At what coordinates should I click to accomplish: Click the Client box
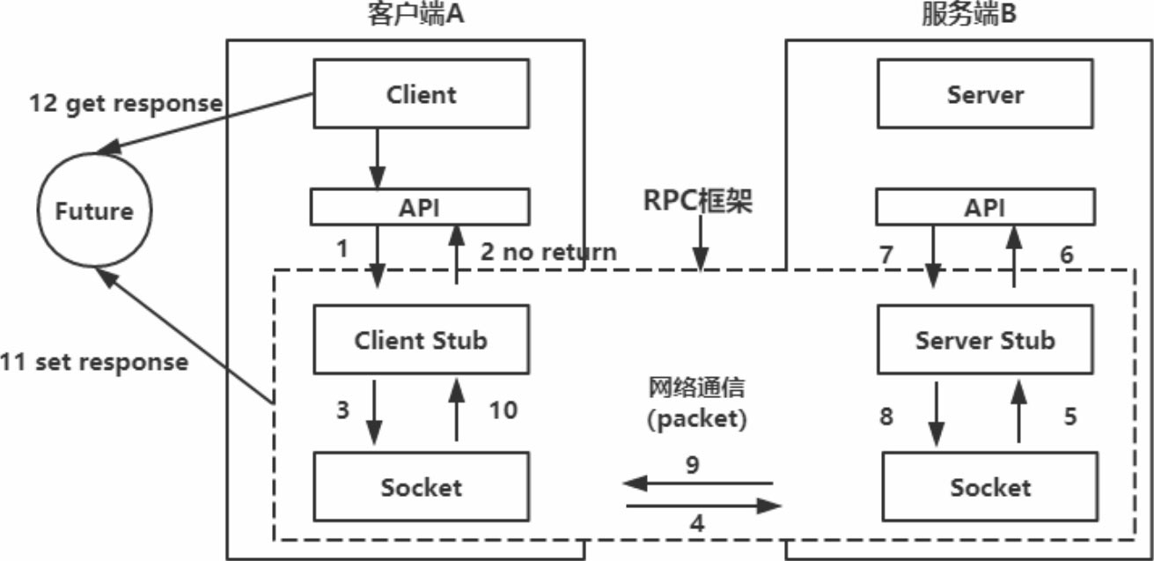[x=422, y=93]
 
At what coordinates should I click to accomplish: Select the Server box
[x=985, y=93]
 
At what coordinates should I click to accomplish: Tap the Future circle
[x=93, y=211]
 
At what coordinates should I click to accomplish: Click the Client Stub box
[x=422, y=339]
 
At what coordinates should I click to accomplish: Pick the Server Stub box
[x=985, y=339]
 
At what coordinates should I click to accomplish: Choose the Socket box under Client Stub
[x=422, y=485]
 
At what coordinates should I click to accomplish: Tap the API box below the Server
[x=985, y=207]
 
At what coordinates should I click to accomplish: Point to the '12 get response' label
[x=126, y=102]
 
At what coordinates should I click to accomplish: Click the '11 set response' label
[x=94, y=361]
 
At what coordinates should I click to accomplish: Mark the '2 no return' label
[x=548, y=251]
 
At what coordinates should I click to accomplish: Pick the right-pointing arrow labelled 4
[x=704, y=506]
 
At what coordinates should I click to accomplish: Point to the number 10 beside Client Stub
[x=502, y=410]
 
